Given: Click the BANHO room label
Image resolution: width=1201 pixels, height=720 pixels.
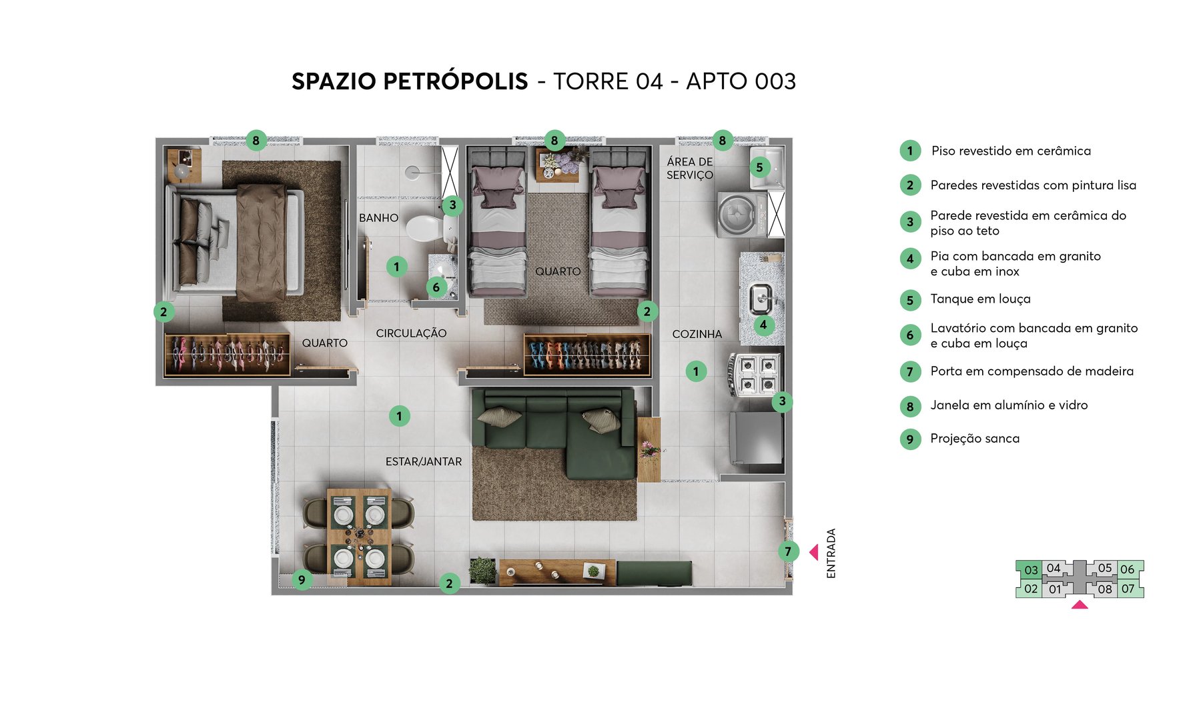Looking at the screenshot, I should coord(378,218).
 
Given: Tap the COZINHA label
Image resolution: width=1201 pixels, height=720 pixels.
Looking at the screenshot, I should coord(697,334).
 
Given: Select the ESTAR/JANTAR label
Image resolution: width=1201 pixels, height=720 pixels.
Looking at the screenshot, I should coord(423,461).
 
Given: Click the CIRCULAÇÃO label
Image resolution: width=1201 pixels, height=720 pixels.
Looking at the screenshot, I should coord(411,333).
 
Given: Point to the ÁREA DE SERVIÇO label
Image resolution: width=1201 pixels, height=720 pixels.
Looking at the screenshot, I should coord(690,168).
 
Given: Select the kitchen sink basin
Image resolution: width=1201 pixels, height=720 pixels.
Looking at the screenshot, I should coord(759,299).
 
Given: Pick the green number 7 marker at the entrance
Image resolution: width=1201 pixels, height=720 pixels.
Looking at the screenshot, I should coord(788,551).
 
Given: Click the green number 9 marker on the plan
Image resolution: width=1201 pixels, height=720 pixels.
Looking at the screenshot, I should coord(302,580).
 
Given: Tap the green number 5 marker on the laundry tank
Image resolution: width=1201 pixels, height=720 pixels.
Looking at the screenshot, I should coord(759,167).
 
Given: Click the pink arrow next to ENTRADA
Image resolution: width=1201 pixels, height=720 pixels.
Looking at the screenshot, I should coord(813,552).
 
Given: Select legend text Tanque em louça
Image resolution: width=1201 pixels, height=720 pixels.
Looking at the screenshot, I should coord(980,299).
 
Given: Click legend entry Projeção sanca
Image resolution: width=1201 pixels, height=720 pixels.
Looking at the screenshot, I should coord(975,439).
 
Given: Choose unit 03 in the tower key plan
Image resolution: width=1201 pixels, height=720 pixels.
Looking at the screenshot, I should coord(1031,570).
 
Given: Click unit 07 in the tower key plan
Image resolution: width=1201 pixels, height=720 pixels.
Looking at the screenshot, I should coord(1128,589).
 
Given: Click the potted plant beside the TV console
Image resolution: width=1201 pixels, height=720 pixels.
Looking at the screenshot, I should coord(482,571).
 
